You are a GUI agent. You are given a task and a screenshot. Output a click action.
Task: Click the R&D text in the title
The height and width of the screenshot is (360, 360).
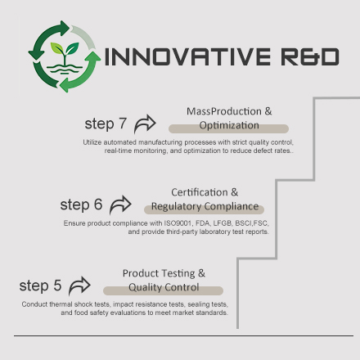(310, 56)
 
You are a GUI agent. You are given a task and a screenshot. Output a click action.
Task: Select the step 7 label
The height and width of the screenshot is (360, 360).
(106, 124)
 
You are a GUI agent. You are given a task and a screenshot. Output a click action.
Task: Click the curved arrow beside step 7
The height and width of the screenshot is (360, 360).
(145, 124)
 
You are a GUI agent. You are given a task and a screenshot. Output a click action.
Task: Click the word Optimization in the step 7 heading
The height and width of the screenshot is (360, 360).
(229, 125)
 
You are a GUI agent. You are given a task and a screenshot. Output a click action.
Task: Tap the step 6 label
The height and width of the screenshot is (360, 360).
(81, 205)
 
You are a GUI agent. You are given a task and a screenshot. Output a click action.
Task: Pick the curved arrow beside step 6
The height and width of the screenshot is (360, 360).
(120, 205)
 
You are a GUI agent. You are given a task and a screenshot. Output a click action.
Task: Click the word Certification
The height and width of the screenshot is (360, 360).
(200, 192)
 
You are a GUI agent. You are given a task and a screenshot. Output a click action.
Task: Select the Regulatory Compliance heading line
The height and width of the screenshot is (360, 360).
(205, 206)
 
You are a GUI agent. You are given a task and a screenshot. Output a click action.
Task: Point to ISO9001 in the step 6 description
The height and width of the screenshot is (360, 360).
(178, 223)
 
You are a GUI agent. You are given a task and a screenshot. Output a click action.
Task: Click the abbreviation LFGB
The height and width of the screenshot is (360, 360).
(223, 223)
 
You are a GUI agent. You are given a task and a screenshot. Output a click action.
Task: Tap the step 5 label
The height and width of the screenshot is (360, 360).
(40, 286)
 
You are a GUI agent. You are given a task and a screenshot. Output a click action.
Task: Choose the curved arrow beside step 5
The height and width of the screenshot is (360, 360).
(79, 286)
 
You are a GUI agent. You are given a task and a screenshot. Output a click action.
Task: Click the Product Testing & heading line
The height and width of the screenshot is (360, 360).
(164, 273)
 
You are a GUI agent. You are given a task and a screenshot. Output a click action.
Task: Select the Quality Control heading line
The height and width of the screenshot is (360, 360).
(164, 287)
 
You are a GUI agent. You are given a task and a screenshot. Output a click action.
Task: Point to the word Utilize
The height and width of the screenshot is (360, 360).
(92, 142)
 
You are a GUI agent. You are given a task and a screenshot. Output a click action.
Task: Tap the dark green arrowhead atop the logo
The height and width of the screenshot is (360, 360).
(65, 28)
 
